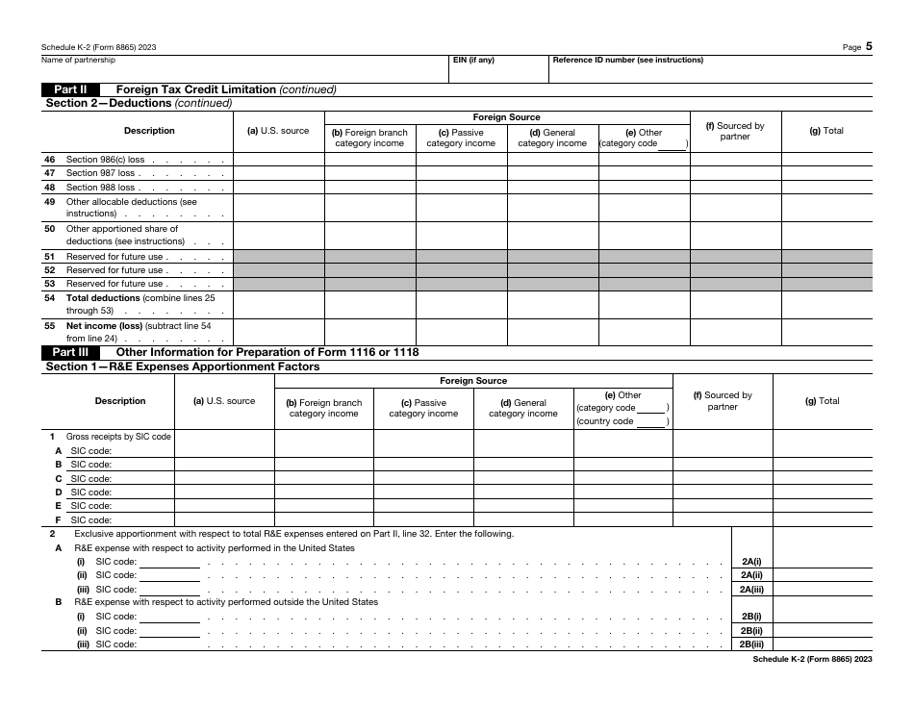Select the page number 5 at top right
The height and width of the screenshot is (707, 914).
[x=868, y=45]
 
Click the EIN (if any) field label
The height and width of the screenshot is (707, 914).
[x=472, y=60]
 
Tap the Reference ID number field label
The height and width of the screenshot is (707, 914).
[x=627, y=60]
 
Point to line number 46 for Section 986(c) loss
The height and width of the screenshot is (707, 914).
[x=49, y=160]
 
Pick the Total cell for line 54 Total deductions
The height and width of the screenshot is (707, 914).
[x=826, y=305]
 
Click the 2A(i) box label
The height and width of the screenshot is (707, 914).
[x=751, y=562]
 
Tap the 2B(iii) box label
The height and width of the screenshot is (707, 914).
[x=751, y=644]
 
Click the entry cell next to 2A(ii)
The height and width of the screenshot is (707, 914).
[x=823, y=575]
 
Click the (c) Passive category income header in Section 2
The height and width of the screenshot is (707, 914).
[x=461, y=138]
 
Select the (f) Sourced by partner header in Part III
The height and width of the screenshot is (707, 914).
[x=722, y=400]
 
